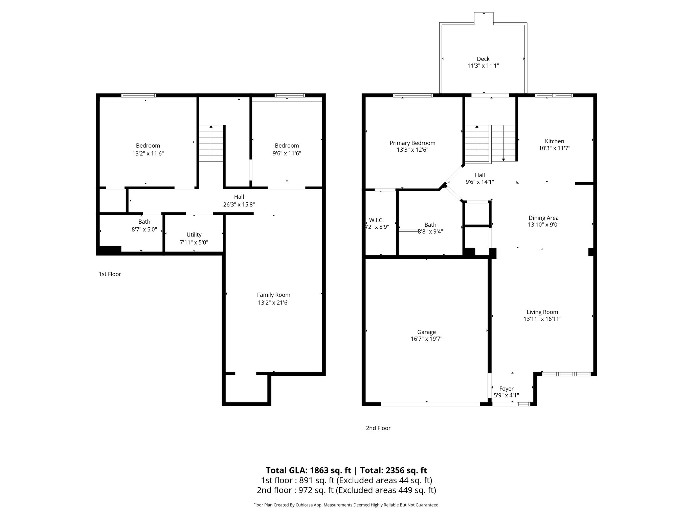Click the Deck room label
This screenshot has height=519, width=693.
[x=483, y=59]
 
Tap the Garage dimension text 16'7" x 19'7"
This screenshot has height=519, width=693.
[x=426, y=339]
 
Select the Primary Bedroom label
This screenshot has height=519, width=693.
[x=412, y=143]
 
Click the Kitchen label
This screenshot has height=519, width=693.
[x=554, y=141]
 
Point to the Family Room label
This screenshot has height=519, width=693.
[x=273, y=295]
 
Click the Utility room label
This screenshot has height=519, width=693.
[x=194, y=234]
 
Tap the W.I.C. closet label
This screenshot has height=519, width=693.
[x=376, y=220]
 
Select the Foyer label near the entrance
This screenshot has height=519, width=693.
[x=506, y=389]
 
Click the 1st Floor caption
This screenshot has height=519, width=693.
[x=110, y=274]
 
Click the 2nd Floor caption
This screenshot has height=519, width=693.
[x=378, y=428]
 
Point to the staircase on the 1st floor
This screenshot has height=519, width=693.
[x=211, y=143]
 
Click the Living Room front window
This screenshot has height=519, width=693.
[x=566, y=374]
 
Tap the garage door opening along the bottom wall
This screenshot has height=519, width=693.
[x=430, y=404]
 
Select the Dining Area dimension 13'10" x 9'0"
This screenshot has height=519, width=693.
[x=543, y=225]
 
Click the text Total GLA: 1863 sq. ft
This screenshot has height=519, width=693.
[x=308, y=470]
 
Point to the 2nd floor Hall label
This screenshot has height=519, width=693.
[x=479, y=175]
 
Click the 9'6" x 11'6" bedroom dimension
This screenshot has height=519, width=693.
[x=287, y=153]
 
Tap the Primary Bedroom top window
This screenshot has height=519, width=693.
[x=413, y=95]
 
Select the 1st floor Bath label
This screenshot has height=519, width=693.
[x=144, y=222]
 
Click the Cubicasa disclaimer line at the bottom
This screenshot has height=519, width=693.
[x=346, y=505]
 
